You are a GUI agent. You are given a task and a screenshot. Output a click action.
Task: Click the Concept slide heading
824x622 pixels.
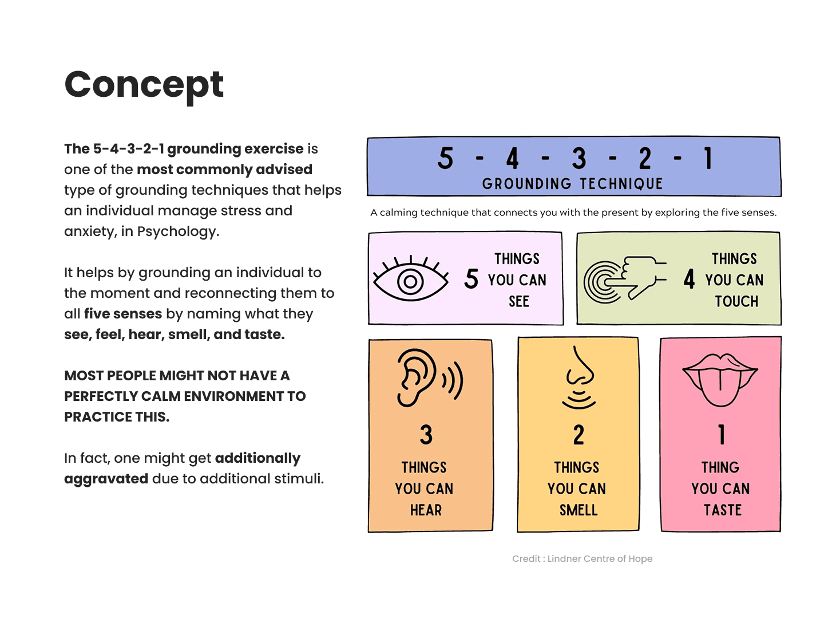pyautogui.click(x=144, y=85)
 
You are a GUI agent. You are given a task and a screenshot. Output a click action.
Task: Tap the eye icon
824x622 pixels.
pyautogui.click(x=410, y=280)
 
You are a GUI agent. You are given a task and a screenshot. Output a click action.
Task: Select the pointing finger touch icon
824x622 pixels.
pyautogui.click(x=625, y=279)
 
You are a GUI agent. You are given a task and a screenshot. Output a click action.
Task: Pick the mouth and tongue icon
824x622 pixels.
pyautogui.click(x=720, y=379)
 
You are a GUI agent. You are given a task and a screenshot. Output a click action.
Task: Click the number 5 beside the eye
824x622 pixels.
pyautogui.click(x=472, y=279)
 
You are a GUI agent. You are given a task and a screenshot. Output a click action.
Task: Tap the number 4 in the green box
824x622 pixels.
pyautogui.click(x=689, y=279)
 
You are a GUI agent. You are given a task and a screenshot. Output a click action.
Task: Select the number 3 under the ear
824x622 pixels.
pyautogui.click(x=426, y=435)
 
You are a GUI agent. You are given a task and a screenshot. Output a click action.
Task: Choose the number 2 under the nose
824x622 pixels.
pyautogui.click(x=579, y=435)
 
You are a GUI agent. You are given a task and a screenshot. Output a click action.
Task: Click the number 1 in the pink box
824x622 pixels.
pyautogui.click(x=722, y=435)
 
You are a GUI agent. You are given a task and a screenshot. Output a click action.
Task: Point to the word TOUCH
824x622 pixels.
pyautogui.click(x=736, y=301)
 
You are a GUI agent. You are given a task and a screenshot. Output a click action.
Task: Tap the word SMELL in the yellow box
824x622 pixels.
pyautogui.click(x=579, y=510)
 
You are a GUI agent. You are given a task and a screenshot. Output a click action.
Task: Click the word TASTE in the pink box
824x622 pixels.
pyautogui.click(x=722, y=510)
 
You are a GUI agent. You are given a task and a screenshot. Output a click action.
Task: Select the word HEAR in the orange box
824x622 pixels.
pyautogui.click(x=426, y=510)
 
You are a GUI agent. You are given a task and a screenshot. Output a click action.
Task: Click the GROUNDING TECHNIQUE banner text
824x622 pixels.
pyautogui.click(x=572, y=183)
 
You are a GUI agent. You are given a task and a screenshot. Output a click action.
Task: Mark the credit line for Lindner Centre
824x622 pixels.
pyautogui.click(x=582, y=558)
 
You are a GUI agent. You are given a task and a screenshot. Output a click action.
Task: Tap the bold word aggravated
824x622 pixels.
pyautogui.click(x=106, y=479)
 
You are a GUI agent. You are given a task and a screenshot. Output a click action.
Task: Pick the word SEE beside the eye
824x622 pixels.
pyautogui.click(x=519, y=301)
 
